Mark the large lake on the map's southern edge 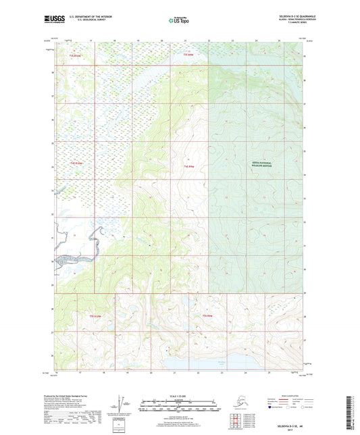(223, 365)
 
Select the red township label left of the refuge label (188, 165)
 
